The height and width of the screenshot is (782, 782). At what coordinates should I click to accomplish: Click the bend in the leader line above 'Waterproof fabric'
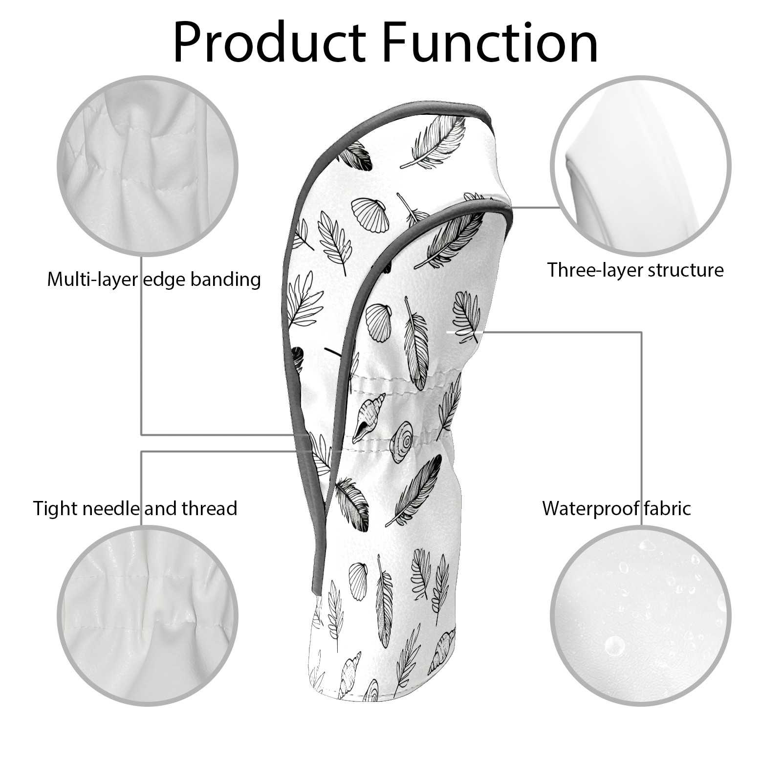coord(641,332)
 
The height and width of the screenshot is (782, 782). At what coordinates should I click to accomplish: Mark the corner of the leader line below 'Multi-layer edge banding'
coord(142,434)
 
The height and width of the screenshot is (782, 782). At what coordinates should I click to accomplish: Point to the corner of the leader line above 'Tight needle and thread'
coord(142,451)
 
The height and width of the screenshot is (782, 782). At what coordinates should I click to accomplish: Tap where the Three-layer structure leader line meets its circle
coord(560,207)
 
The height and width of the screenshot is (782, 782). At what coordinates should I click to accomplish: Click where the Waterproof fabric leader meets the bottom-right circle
coord(641,526)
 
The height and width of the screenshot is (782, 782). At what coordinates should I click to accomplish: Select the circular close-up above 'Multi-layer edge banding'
coord(148,166)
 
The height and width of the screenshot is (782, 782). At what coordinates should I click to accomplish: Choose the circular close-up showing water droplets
coord(641,616)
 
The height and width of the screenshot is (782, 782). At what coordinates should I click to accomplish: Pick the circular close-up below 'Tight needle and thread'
coord(148,616)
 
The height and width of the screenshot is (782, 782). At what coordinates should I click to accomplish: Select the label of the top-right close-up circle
coord(635,270)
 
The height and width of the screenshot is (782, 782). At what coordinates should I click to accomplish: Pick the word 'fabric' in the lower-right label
coord(667,509)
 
